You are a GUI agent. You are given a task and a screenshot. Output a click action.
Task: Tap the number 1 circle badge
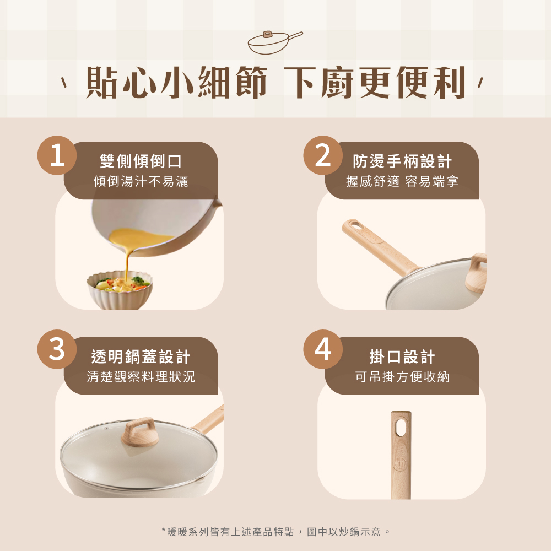click(56, 155)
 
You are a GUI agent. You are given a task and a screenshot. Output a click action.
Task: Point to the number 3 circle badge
click(56, 350)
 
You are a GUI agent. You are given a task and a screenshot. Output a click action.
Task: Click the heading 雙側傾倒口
click(141, 161)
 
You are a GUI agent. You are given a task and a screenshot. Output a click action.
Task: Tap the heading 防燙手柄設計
click(402, 161)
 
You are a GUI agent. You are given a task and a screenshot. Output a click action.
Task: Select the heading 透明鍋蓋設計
click(141, 357)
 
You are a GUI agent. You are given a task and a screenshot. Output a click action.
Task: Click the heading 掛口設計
click(402, 357)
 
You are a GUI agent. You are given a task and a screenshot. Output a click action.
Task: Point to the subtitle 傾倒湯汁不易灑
click(141, 181)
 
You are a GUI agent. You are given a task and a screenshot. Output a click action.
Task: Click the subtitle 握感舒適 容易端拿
click(402, 181)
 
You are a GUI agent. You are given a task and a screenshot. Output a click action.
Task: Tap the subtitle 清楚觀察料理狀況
click(141, 377)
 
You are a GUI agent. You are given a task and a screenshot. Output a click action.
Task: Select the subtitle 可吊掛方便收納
click(402, 377)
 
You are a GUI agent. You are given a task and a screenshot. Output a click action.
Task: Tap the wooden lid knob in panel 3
click(141, 431)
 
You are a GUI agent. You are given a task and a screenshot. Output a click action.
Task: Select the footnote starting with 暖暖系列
click(275, 532)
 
